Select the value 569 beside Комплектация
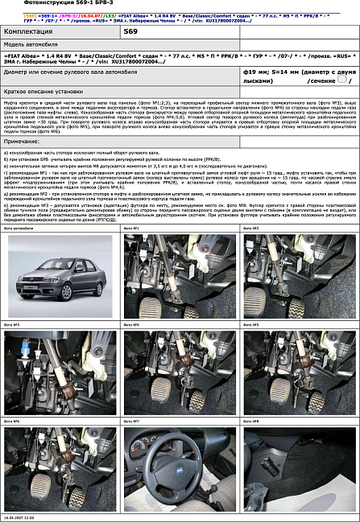click(x=130, y=31)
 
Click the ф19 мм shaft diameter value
click(x=257, y=71)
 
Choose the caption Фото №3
click(x=11, y=324)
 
